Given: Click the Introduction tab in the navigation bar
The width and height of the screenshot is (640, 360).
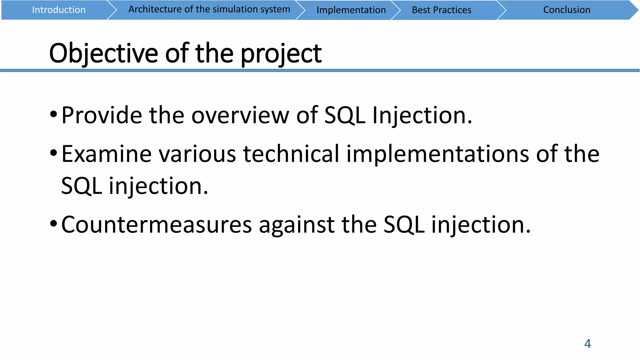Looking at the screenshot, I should pyautogui.click(x=59, y=10).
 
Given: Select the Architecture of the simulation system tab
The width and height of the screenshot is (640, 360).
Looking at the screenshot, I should pyautogui.click(x=209, y=10).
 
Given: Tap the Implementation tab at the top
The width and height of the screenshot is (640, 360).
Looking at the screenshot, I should pyautogui.click(x=351, y=10).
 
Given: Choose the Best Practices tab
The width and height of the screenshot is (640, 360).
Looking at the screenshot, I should pyautogui.click(x=441, y=10).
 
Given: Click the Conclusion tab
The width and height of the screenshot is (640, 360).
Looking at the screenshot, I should pyautogui.click(x=567, y=10).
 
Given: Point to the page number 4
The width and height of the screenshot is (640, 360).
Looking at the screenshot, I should pyautogui.click(x=587, y=344).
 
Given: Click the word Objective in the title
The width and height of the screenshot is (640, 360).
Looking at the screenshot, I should pyautogui.click(x=103, y=53).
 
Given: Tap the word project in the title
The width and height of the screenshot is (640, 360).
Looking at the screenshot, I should pyautogui.click(x=281, y=53).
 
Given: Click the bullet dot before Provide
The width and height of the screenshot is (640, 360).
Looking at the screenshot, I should pyautogui.click(x=53, y=114).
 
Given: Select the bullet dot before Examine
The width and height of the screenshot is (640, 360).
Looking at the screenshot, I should pyautogui.click(x=53, y=153).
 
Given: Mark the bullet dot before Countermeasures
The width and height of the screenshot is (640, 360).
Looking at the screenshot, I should pyautogui.click(x=53, y=224).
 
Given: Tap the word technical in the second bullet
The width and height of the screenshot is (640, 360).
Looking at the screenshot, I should pyautogui.click(x=291, y=154).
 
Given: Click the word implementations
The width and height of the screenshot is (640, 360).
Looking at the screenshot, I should pyautogui.click(x=437, y=154).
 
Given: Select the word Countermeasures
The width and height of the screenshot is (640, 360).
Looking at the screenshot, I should pyautogui.click(x=156, y=225).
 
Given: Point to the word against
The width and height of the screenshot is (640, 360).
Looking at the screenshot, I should pyautogui.click(x=297, y=225).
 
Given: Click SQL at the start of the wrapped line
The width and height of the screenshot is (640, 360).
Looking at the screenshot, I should pyautogui.click(x=81, y=186).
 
